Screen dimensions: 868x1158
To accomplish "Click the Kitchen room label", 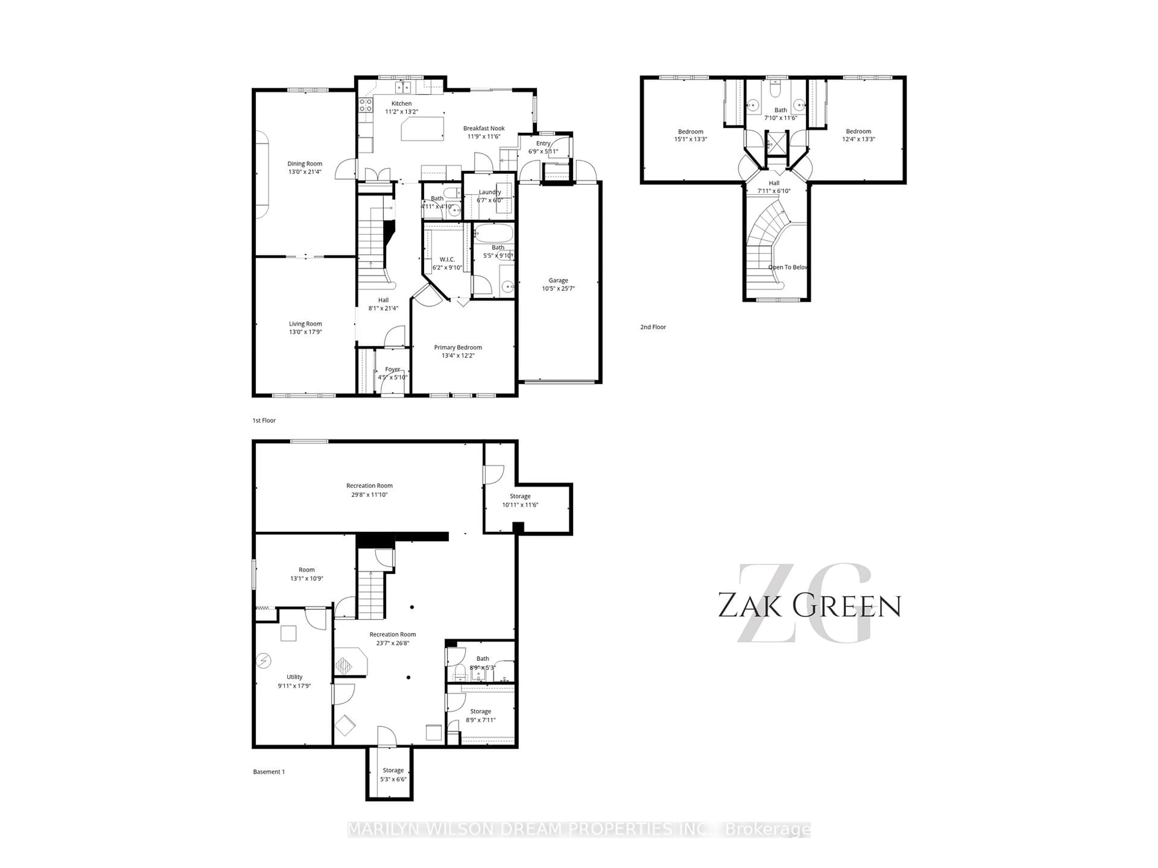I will pyautogui.click(x=402, y=104).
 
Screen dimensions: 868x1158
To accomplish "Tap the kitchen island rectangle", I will pyautogui.click(x=422, y=129).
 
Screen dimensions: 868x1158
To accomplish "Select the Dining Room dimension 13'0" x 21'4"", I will pyautogui.click(x=305, y=171).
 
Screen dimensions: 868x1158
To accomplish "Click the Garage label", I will pyautogui.click(x=558, y=280).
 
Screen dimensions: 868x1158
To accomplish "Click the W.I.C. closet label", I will pyautogui.click(x=447, y=259).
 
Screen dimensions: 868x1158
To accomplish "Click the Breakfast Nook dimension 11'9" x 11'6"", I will pyautogui.click(x=484, y=137).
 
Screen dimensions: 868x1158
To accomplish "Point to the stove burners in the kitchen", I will pyautogui.click(x=365, y=105).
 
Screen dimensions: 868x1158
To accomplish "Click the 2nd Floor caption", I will pyautogui.click(x=653, y=327).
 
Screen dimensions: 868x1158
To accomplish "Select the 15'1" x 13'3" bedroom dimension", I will pyautogui.click(x=691, y=139).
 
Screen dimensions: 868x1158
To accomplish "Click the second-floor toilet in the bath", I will pyautogui.click(x=775, y=90).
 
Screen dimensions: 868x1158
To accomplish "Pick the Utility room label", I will pyautogui.click(x=294, y=677).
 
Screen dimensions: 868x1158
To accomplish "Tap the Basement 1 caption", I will pyautogui.click(x=269, y=772).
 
